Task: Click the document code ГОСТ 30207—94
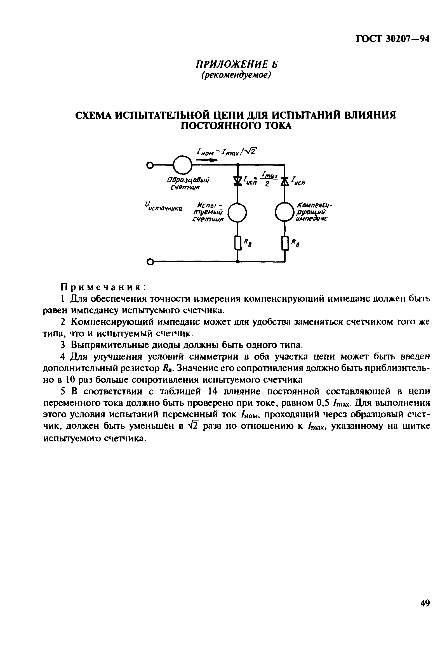[392, 39]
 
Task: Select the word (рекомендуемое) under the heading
[236, 75]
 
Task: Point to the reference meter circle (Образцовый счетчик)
[182, 165]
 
